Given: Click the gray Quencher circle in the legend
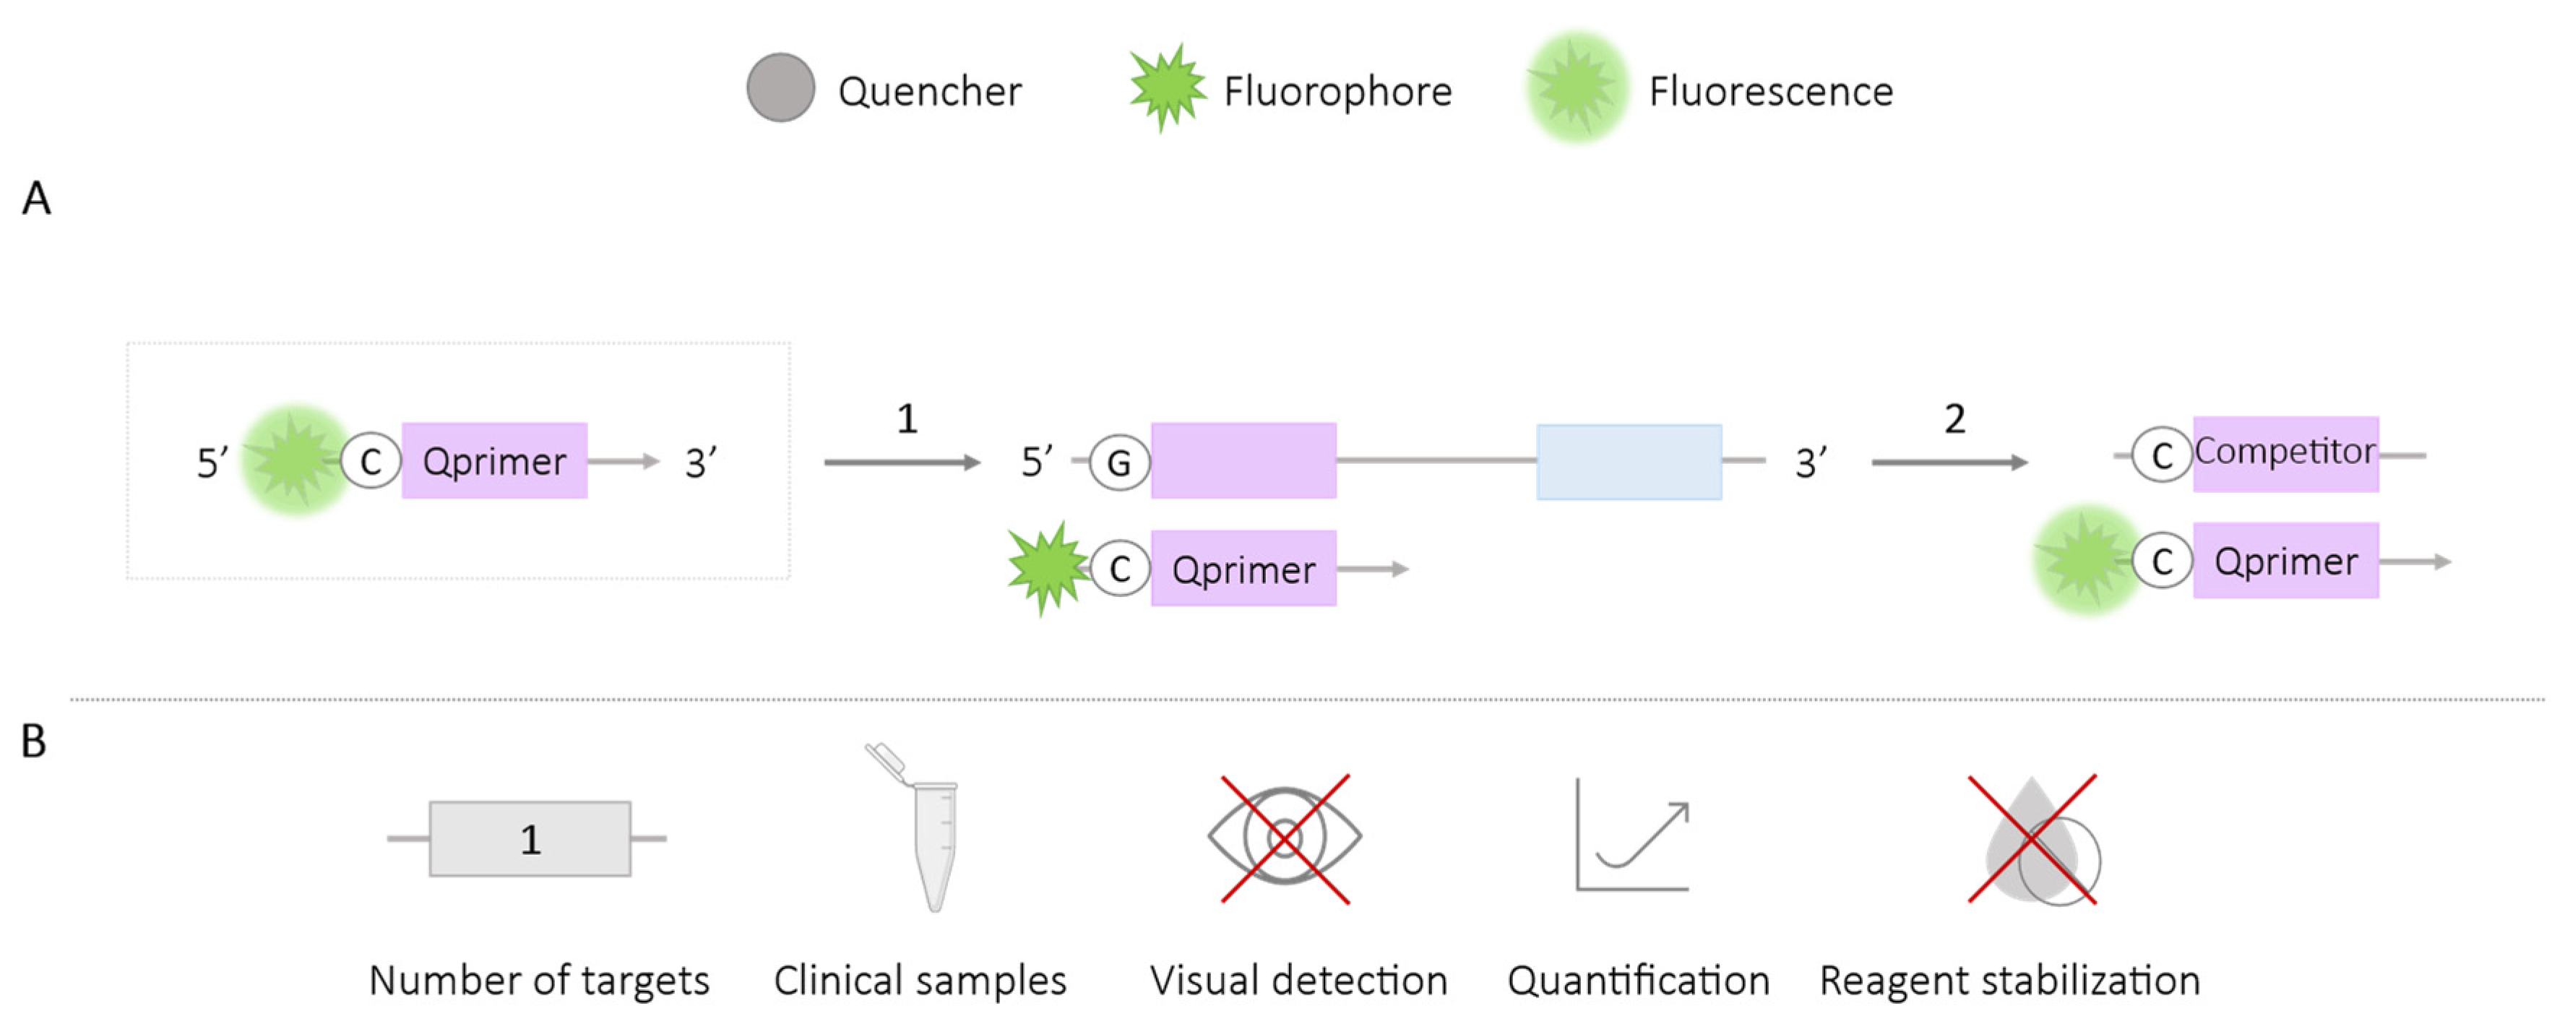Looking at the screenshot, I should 780,88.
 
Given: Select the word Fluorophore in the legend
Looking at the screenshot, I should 1337,92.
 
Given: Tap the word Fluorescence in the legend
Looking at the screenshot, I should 1770,92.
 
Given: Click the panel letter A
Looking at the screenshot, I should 36,199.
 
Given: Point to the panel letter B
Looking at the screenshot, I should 34,741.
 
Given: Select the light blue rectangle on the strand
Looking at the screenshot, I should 1629,462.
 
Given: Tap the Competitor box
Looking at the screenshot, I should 2285,453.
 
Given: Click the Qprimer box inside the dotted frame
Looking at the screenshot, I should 494,461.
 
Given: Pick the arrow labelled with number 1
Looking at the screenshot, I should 902,462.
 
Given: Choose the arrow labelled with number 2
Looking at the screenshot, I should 1949,462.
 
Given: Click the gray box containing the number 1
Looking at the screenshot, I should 530,839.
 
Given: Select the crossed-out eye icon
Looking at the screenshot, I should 1285,838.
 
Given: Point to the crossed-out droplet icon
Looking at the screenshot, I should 2033,840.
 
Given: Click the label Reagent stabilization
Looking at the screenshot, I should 2009,981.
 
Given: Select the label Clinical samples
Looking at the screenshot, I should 919,981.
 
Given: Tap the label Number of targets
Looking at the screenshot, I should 539,981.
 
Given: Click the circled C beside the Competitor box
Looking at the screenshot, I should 2161,455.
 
